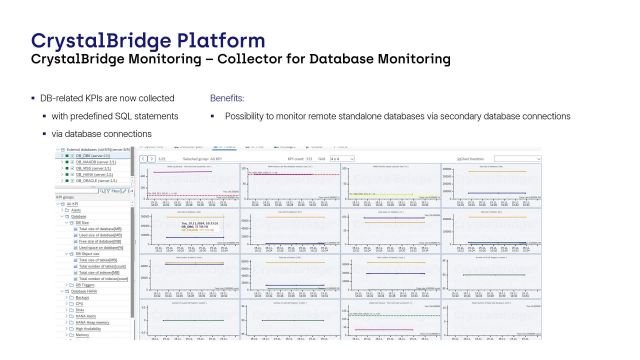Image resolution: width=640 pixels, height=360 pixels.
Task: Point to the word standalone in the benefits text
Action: point(375,117)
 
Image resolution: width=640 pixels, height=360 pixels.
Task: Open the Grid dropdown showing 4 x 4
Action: point(341,158)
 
